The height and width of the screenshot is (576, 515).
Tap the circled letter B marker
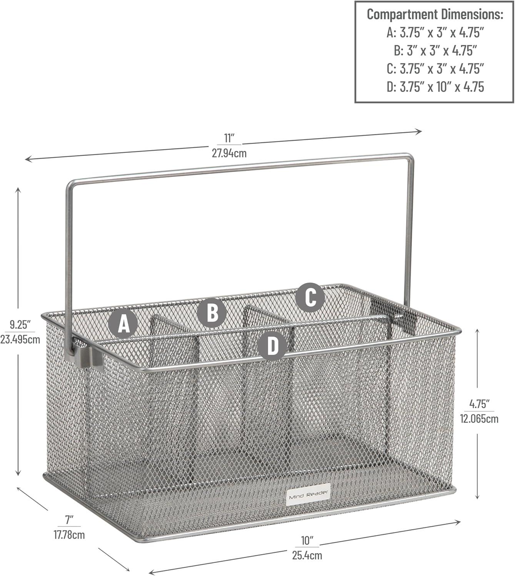[212, 313]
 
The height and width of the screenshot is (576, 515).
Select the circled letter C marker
[310, 297]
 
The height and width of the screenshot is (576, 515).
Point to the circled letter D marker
[272, 346]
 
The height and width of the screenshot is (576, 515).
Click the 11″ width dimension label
[229, 138]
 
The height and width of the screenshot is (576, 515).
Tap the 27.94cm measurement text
[229, 153]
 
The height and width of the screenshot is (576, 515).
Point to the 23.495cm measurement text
[20, 339]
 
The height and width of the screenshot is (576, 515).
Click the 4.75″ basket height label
[479, 404]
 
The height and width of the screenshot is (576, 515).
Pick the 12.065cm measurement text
[479, 419]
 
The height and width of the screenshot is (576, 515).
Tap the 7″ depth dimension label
[69, 520]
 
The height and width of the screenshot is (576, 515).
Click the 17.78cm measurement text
[69, 535]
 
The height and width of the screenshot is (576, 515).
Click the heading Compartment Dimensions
[435, 14]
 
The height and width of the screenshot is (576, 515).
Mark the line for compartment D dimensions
[435, 87]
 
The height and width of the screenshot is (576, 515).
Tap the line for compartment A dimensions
[435, 32]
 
